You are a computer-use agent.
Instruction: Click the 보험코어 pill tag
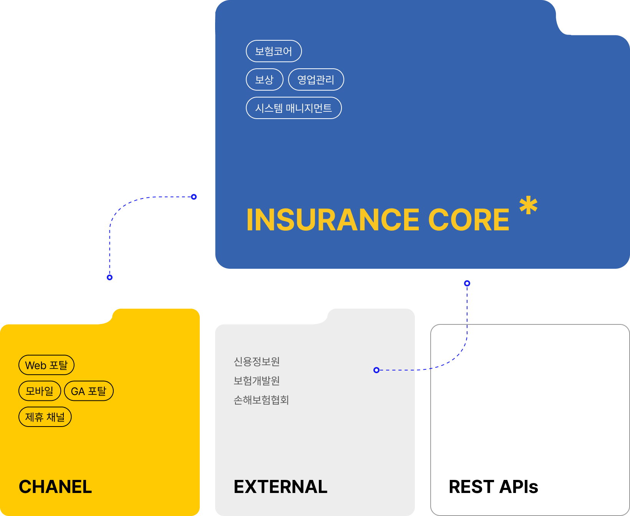[x=274, y=51]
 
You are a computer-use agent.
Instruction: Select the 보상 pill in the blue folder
[x=264, y=79]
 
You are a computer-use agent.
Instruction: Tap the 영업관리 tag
[x=316, y=79]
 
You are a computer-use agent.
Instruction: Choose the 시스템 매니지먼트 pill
[x=293, y=108]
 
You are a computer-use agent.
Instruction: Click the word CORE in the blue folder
[x=469, y=220]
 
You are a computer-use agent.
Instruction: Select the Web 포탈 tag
[x=46, y=365]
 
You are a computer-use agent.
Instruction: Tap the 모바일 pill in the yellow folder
[x=40, y=391]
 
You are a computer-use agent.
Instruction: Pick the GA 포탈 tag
[x=89, y=391]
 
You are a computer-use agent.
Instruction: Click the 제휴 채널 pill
[x=45, y=417]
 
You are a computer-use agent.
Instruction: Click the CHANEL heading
[x=55, y=487]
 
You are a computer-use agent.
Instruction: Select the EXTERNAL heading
[x=280, y=487]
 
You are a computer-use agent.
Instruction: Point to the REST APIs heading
[x=493, y=487]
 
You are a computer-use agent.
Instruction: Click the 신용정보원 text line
[x=257, y=361]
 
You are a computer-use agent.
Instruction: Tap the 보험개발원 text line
[x=257, y=380]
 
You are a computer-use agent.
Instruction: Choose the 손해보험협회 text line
[x=261, y=400]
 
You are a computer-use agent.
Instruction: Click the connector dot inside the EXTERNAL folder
[x=376, y=370]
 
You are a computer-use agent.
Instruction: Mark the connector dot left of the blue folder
[x=194, y=197]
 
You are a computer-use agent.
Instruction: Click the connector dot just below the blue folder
[x=467, y=283]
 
